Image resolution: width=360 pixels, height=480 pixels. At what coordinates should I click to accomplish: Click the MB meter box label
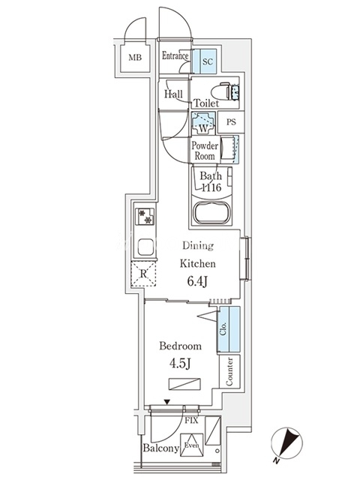pos(135,57)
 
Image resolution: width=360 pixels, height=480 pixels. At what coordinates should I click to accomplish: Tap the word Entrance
pos(175,55)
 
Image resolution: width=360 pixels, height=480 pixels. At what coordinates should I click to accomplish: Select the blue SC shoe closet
pos(204,61)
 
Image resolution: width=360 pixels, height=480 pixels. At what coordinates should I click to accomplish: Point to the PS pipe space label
pos(232,121)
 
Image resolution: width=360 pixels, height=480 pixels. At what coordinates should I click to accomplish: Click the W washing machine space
pos(203,123)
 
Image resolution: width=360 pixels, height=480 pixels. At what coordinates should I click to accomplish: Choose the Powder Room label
pos(205,151)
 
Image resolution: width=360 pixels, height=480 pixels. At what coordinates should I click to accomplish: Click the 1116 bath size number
pos(211,187)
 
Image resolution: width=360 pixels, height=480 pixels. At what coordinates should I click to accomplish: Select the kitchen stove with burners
pos(145,217)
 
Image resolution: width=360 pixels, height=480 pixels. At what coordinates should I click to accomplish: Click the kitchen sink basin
pos(145,247)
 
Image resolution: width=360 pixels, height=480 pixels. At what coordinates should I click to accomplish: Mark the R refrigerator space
pos(143,274)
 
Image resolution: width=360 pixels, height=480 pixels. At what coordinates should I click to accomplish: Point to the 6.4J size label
pos(197,281)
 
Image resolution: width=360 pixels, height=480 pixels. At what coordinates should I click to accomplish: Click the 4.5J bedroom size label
pos(180,363)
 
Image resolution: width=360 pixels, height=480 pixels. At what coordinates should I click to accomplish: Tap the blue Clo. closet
pos(229,329)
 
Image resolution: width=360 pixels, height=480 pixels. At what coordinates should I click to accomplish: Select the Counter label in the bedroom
pos(229,372)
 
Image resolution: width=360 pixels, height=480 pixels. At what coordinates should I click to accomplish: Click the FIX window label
pos(191,421)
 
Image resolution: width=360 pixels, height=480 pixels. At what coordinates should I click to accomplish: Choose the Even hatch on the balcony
pos(192,445)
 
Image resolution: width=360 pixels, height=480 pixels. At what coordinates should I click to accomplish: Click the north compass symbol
pos(286,443)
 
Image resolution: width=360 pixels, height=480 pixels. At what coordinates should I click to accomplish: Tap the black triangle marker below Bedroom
pos(166,402)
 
